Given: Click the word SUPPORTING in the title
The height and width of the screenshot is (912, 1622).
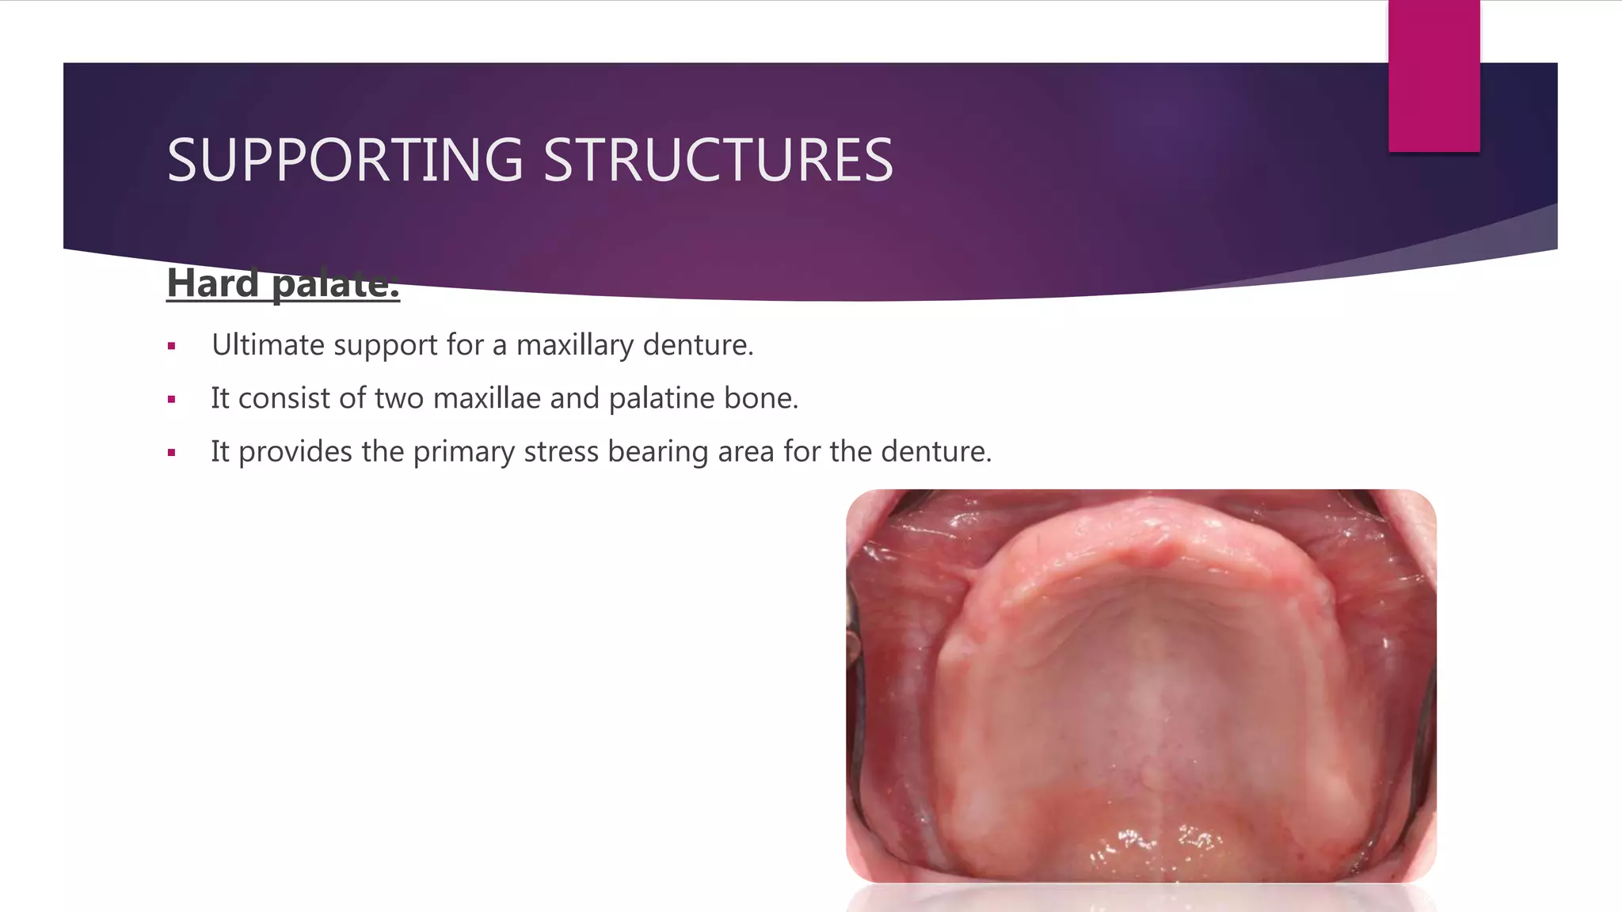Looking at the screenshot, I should pos(345,161).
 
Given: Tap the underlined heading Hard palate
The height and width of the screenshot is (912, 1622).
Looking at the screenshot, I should pos(283,283).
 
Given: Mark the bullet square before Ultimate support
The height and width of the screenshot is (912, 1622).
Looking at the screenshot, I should pos(171,346).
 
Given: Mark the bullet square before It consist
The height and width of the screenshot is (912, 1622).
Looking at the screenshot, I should pos(171,400).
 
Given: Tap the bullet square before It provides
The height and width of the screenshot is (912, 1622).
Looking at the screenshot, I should pos(171,453).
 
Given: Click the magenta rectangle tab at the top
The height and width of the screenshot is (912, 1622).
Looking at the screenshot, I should pos(1434,76).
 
